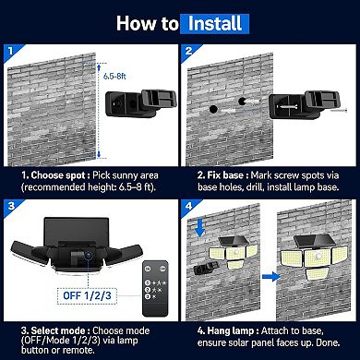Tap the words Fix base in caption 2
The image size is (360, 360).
pyautogui.click(x=226, y=174)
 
